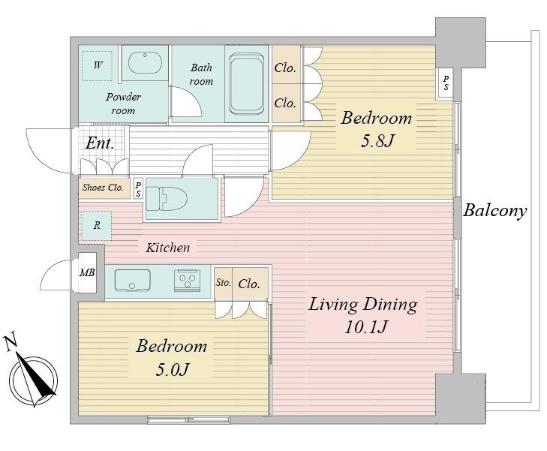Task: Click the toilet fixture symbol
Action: coord(166,198)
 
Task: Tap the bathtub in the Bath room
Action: coord(246,84)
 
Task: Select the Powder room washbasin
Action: coord(145,63)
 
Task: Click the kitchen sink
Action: coord(132,280)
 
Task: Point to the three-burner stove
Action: coord(187,281)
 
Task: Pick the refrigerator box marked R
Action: coord(97,226)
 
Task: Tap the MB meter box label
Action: coord(87,272)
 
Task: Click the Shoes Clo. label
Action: coord(103,188)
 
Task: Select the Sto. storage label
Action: coord(224,282)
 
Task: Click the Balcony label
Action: coord(494,212)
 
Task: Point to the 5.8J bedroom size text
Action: coord(377,141)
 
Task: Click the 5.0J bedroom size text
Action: coord(173,369)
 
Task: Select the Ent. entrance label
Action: coord(100,143)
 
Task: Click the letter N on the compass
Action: coord(11,342)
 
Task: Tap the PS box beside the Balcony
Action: coord(446,83)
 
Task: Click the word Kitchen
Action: coord(168,248)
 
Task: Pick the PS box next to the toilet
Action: coord(139,188)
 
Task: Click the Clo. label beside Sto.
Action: coord(249,284)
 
